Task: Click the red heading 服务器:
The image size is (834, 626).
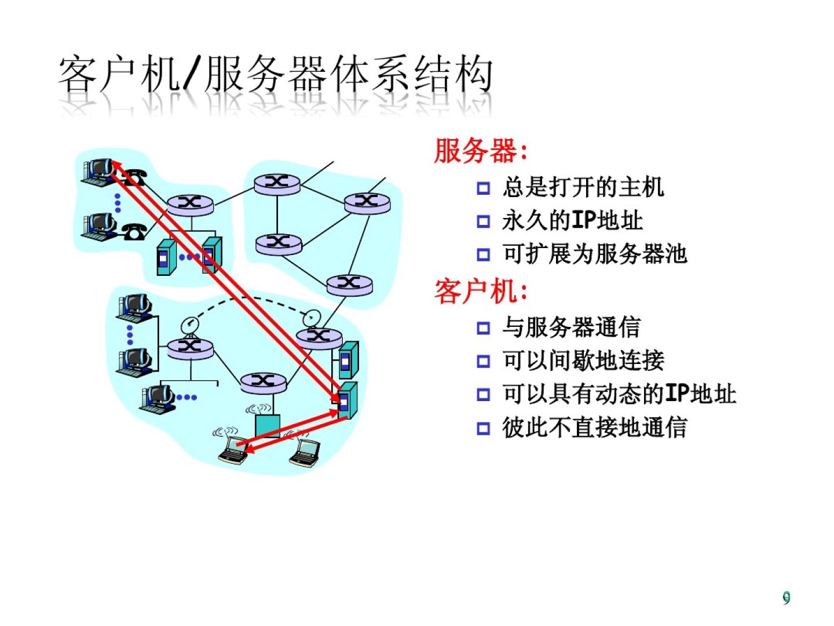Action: [481, 151]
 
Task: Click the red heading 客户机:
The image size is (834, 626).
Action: [481, 290]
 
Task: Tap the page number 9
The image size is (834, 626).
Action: [786, 598]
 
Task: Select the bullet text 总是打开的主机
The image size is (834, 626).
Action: [583, 187]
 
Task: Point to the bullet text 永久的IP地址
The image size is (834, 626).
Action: [572, 220]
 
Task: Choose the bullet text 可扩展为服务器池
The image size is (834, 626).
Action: [594, 254]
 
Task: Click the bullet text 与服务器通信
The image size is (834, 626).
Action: [571, 327]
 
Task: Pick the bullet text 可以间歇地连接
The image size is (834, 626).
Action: [583, 361]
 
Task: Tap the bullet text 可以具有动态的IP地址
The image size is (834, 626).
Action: [619, 394]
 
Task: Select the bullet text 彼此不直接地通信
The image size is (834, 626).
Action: [594, 428]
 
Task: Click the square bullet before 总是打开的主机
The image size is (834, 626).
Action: [482, 188]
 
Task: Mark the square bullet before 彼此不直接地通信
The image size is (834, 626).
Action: [482, 429]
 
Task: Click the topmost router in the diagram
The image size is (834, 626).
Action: [277, 183]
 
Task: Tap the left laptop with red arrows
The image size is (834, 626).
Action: [233, 451]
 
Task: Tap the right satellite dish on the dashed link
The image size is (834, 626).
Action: [312, 317]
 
